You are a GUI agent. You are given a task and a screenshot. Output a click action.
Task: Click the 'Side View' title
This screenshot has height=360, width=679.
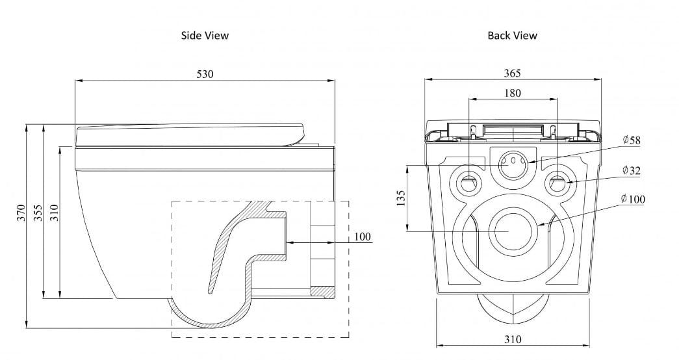pyautogui.click(x=205, y=36)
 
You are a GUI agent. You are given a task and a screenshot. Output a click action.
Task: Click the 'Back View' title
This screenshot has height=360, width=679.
pyautogui.click(x=512, y=36)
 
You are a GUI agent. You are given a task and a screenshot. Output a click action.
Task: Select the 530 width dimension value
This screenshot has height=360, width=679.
pyautogui.click(x=205, y=74)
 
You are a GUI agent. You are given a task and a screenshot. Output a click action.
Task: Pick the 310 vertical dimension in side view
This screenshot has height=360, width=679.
pyautogui.click(x=55, y=212)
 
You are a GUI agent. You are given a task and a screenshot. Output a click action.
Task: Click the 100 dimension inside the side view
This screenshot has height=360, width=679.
pyautogui.click(x=363, y=237)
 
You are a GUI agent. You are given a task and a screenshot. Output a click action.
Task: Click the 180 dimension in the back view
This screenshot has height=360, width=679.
pyautogui.click(x=512, y=94)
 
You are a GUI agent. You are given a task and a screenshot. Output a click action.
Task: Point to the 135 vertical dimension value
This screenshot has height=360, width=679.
pyautogui.click(x=400, y=198)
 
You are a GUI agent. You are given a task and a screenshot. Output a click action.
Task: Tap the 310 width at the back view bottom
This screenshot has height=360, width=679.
pyautogui.click(x=512, y=339)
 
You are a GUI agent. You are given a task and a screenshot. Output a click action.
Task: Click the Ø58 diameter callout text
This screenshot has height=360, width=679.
pyautogui.click(x=631, y=140)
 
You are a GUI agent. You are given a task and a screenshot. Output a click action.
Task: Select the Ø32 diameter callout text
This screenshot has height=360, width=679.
pyautogui.click(x=631, y=171)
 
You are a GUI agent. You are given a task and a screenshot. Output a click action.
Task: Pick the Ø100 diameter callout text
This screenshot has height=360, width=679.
pyautogui.click(x=633, y=199)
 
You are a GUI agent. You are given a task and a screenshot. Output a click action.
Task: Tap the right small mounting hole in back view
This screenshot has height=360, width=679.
pyautogui.click(x=557, y=183)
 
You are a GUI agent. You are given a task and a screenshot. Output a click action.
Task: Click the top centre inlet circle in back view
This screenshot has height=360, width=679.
pyautogui.click(x=513, y=162)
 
